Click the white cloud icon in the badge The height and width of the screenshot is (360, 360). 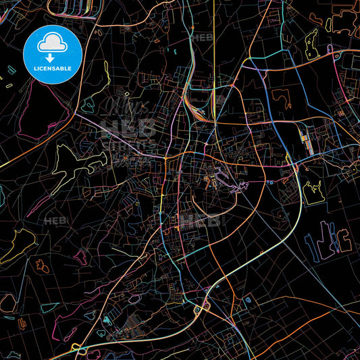coord(52,43)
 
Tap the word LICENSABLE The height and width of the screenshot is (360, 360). coord(52,69)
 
